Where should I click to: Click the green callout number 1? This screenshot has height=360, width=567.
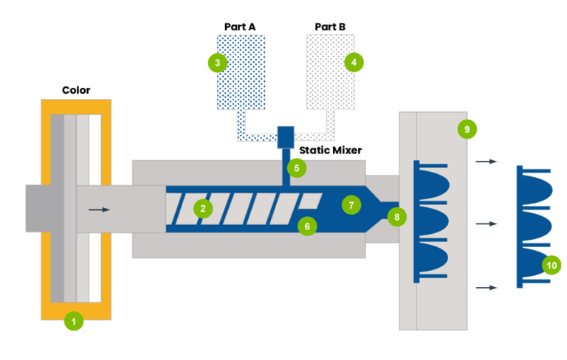(x=74, y=321)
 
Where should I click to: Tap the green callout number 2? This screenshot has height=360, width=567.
(x=203, y=209)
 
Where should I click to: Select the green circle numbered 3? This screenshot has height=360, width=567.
(x=217, y=63)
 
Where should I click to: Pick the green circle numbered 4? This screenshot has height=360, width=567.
(x=354, y=62)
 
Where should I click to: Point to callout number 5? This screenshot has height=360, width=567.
(x=297, y=168)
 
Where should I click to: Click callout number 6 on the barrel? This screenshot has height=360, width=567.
(x=307, y=226)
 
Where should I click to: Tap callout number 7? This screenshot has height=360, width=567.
(x=351, y=205)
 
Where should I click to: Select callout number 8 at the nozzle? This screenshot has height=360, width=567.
(x=396, y=217)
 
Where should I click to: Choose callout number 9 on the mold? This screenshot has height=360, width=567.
(x=467, y=129)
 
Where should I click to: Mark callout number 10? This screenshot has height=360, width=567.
(x=551, y=266)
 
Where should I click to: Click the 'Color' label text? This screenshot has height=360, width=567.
(x=76, y=90)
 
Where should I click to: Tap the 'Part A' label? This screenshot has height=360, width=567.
(x=240, y=27)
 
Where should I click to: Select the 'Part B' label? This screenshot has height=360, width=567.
(x=330, y=27)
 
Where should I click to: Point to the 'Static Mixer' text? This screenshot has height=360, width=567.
(x=331, y=150)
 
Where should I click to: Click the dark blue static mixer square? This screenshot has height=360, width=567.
(x=286, y=137)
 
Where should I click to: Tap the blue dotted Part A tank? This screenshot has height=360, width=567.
(x=241, y=72)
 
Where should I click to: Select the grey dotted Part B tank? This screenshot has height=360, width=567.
(x=331, y=72)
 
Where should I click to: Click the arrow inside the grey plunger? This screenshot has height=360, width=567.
(x=99, y=210)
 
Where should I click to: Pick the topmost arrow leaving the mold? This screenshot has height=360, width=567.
(x=487, y=162)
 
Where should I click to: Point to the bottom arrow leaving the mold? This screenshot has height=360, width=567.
(x=487, y=288)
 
